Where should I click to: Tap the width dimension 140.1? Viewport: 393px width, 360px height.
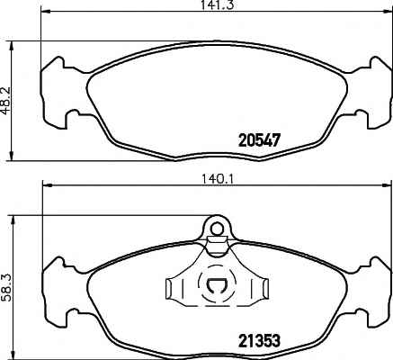[x=215, y=178]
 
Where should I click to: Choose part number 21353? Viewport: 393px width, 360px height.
[x=259, y=341]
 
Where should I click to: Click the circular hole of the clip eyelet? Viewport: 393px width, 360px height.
[x=216, y=229]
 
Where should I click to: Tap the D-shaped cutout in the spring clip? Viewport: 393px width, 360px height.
[x=216, y=289]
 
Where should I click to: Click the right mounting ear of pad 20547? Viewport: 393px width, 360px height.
[x=373, y=90]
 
